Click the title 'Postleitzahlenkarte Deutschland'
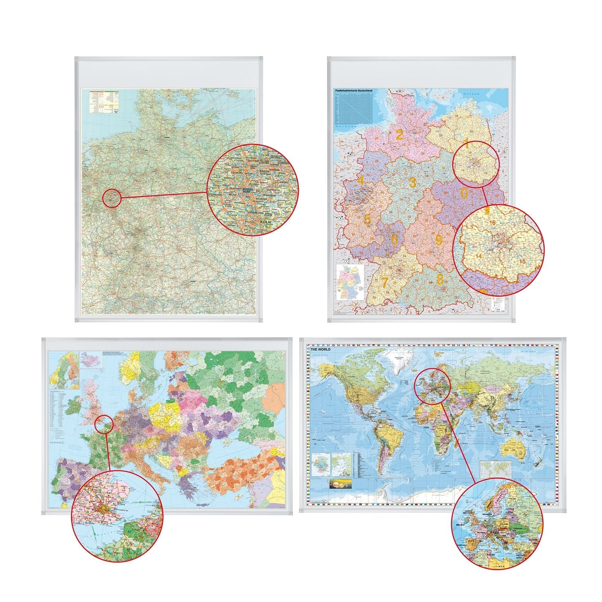tap(353, 91)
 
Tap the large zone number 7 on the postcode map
tap(385, 282)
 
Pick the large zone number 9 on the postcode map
tap(438, 238)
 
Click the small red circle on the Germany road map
tap(112, 198)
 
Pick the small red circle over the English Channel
tap(104, 424)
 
